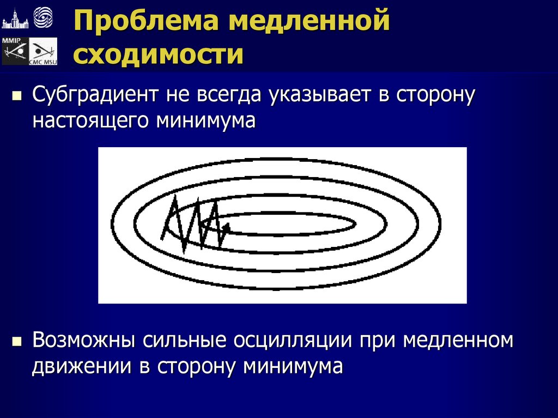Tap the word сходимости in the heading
click(159, 55)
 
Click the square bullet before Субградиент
click(16, 97)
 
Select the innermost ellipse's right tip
click(355, 222)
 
